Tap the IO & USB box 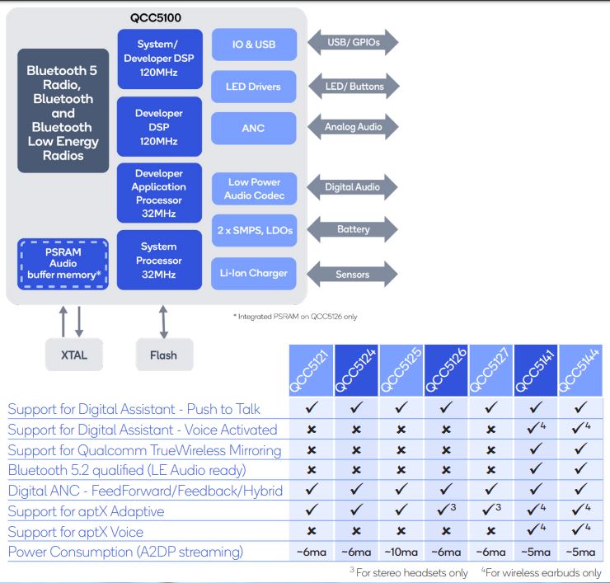(253, 44)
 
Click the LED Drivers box (253, 87)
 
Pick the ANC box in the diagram (253, 129)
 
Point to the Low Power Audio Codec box (253, 189)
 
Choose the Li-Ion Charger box (253, 273)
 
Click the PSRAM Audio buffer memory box (63, 262)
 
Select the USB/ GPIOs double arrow (352, 42)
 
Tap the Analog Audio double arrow (352, 127)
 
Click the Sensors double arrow (352, 273)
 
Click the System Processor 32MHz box (159, 260)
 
